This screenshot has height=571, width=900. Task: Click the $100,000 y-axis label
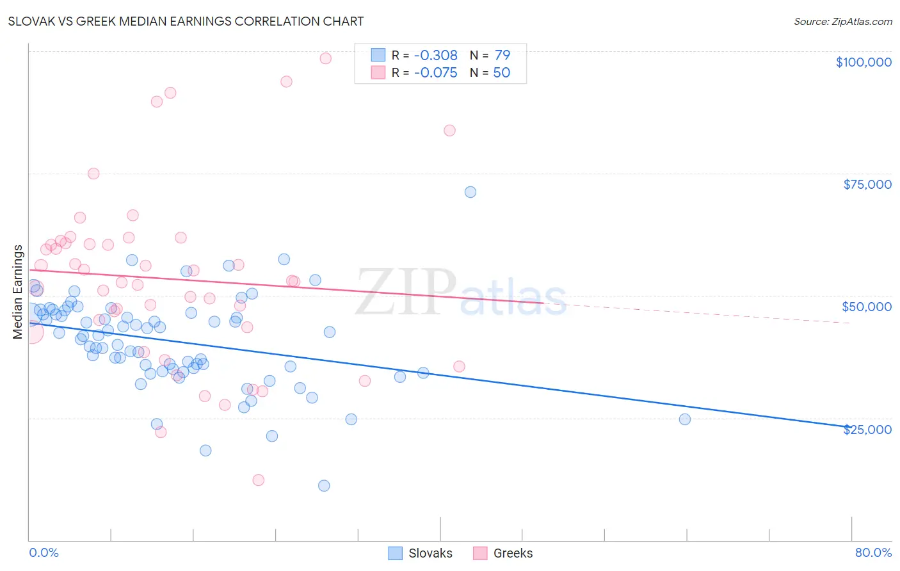coord(863,62)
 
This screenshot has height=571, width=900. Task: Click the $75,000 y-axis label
coord(867,184)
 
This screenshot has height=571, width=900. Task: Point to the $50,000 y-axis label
coord(866,307)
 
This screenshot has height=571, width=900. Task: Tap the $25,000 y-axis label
coord(867,430)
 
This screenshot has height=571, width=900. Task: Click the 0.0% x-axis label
coord(44,552)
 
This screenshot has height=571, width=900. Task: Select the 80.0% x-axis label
coord(873,552)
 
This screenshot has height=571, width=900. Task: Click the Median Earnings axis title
coord(18,291)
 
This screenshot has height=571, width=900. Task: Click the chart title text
coord(186,21)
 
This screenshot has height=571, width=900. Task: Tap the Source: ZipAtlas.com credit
coord(842,21)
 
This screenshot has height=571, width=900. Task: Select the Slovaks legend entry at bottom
coord(421,553)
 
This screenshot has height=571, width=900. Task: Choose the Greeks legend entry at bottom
coord(503,553)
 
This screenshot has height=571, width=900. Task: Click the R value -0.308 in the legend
coord(435,56)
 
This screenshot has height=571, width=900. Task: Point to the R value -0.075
coord(435,73)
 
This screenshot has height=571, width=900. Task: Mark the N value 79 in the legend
coord(502,56)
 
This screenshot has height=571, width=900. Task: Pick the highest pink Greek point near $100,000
coord(325,58)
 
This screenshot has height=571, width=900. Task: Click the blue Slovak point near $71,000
coord(470,192)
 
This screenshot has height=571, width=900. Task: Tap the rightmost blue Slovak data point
coord(685,419)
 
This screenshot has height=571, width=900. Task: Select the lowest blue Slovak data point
coord(324,486)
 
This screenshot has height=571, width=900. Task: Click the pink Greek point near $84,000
coord(449,131)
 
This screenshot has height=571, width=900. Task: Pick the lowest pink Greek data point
coord(259,480)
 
